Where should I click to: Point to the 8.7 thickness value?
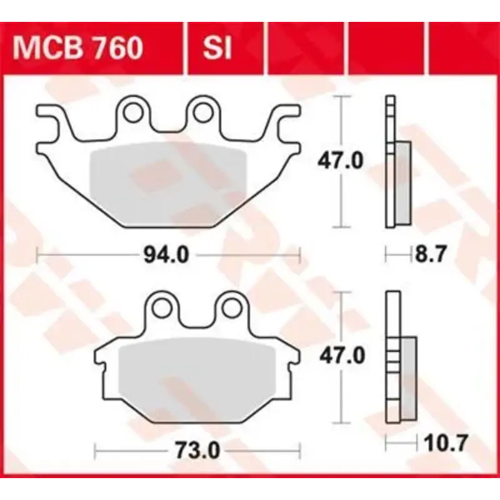click(x=431, y=255)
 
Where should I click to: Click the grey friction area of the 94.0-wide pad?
click(x=169, y=181)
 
